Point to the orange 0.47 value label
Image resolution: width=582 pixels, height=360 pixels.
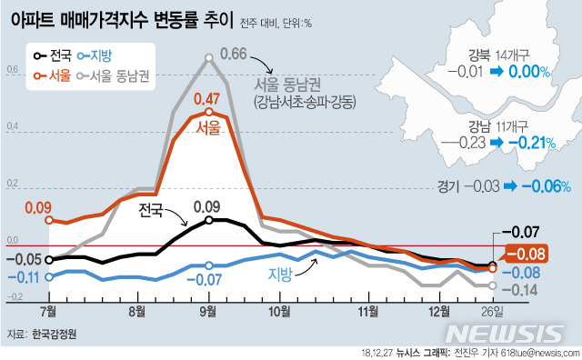click(x=208, y=99)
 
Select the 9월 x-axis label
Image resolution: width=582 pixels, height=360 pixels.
click(x=208, y=311)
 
